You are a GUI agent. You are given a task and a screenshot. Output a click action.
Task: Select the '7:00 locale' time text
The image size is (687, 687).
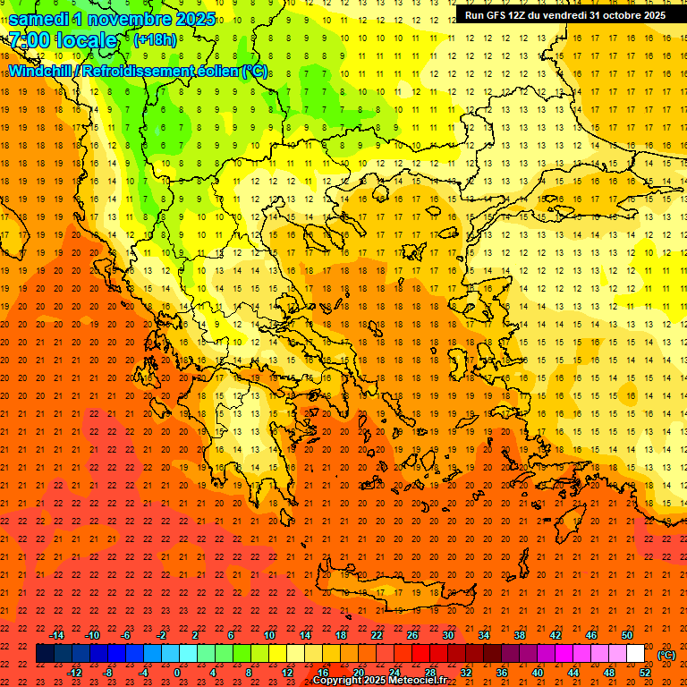[x=63, y=40]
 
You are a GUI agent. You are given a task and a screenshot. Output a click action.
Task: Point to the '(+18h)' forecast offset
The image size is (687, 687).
[x=155, y=40]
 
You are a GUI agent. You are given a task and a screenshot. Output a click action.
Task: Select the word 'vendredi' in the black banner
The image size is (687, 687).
[x=562, y=15]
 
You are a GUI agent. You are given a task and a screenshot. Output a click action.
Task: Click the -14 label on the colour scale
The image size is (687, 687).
[x=56, y=635]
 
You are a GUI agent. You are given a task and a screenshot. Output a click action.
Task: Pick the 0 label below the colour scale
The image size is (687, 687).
[x=177, y=673]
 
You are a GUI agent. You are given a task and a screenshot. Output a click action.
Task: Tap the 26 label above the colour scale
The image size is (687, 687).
[x=412, y=635]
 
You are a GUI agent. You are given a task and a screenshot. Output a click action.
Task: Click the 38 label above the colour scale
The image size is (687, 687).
[x=520, y=635]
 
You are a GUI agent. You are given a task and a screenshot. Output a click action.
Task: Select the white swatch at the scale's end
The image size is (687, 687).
[x=635, y=654]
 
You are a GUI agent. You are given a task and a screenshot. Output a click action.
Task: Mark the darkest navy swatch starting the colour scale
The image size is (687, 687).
[x=45, y=654]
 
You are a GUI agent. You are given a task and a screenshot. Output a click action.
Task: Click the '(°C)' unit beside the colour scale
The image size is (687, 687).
[x=666, y=655]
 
